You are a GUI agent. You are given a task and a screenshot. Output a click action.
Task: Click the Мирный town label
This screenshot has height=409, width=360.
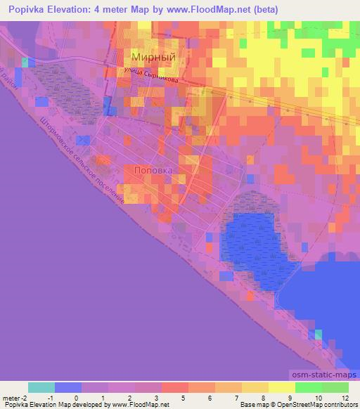153,58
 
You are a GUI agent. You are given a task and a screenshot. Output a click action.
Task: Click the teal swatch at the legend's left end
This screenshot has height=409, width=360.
41,387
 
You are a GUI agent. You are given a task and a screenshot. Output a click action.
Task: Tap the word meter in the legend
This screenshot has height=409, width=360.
13,398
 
